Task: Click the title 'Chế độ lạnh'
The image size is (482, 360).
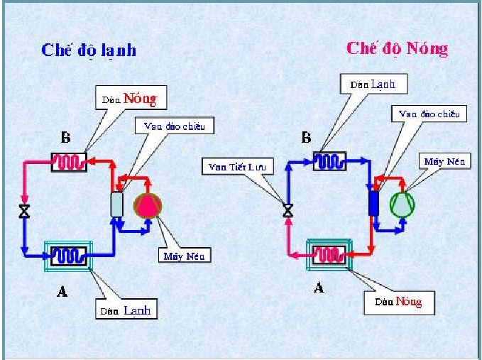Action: click(89, 50)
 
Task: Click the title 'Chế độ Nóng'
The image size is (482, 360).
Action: click(397, 48)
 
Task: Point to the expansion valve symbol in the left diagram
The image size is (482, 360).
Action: click(24, 211)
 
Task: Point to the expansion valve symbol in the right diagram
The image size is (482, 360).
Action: click(287, 209)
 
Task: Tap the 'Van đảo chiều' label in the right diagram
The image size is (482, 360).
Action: click(429, 114)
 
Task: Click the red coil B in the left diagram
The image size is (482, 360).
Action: click(69, 162)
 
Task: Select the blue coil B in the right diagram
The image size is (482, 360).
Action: click(330, 160)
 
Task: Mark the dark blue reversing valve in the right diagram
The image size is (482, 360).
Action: click(373, 203)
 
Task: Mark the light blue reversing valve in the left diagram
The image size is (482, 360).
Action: click(117, 204)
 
